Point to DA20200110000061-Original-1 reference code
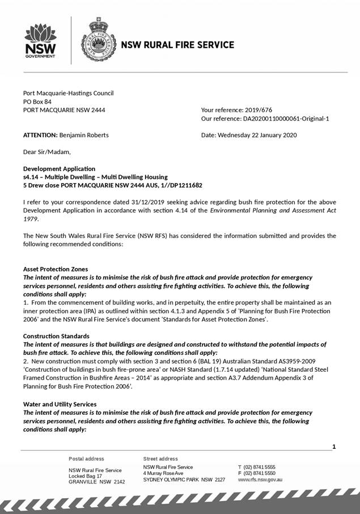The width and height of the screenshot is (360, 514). (286, 119)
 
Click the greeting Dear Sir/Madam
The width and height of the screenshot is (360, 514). (47, 152)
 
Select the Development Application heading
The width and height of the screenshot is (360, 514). (59, 169)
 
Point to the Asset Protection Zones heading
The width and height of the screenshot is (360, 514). (56, 269)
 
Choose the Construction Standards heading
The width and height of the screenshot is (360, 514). (56, 336)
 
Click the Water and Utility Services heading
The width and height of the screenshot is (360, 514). (60, 404)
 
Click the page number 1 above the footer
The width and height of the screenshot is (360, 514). (334, 447)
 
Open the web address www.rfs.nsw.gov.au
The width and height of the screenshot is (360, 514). (260, 480)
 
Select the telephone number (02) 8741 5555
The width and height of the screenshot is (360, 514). (259, 467)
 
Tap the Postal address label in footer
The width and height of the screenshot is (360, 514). (86, 458)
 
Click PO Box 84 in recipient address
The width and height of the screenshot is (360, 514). (37, 101)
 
